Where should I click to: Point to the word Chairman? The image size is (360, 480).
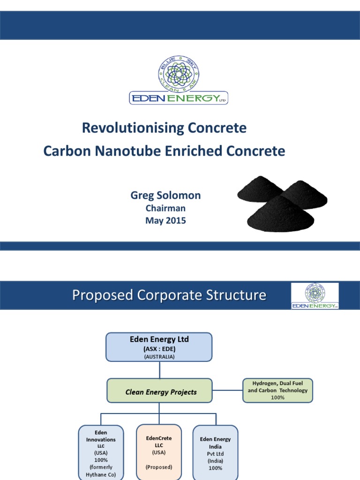point(165,209)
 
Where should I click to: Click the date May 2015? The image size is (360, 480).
point(165,220)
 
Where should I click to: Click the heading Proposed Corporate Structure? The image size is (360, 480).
point(169,295)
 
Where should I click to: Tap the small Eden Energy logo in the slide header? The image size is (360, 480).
point(315,296)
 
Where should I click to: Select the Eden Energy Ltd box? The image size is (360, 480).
point(159,347)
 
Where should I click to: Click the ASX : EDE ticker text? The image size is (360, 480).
point(159,349)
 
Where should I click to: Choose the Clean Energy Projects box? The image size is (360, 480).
point(160,392)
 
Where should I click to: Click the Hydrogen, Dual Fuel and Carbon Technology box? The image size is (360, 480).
point(277,390)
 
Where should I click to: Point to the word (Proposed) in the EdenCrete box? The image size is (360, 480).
point(159,467)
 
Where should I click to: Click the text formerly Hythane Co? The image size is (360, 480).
point(101,471)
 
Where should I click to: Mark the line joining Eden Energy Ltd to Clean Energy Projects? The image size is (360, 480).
point(159,370)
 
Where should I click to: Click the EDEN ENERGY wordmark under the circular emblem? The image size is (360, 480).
point(178,98)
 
